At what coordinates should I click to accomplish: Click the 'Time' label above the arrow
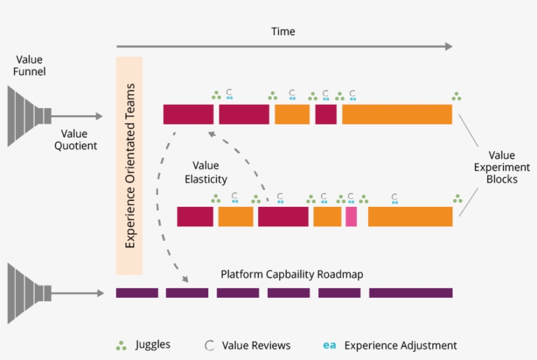point(283,31)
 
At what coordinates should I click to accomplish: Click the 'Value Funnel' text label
point(29,65)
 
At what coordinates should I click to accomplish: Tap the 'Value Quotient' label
point(74,139)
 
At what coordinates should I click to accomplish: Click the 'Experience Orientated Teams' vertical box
point(129,166)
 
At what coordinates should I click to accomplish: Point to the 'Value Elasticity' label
point(206,172)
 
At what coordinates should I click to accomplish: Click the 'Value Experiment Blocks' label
point(502,167)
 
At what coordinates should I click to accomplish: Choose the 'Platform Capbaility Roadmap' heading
point(291,274)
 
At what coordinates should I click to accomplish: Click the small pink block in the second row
point(351,217)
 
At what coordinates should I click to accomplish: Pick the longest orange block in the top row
point(397,115)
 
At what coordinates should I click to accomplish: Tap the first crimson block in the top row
point(189,115)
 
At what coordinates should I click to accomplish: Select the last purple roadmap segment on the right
point(411,293)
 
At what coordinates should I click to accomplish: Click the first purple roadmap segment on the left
point(137,293)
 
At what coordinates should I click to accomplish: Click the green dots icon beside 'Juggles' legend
point(120,345)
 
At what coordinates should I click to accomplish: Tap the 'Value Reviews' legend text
point(256,345)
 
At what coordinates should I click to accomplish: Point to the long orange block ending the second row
point(410,217)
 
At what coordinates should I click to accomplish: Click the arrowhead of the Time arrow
point(448,46)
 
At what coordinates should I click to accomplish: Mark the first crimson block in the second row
point(195,217)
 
